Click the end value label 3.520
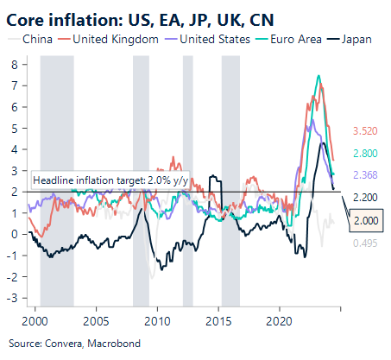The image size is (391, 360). tap(365, 132)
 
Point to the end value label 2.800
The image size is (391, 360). tap(365, 153)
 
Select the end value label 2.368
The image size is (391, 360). tap(365, 175)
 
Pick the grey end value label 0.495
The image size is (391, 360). tap(365, 243)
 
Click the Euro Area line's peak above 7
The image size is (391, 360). tap(319, 77)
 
